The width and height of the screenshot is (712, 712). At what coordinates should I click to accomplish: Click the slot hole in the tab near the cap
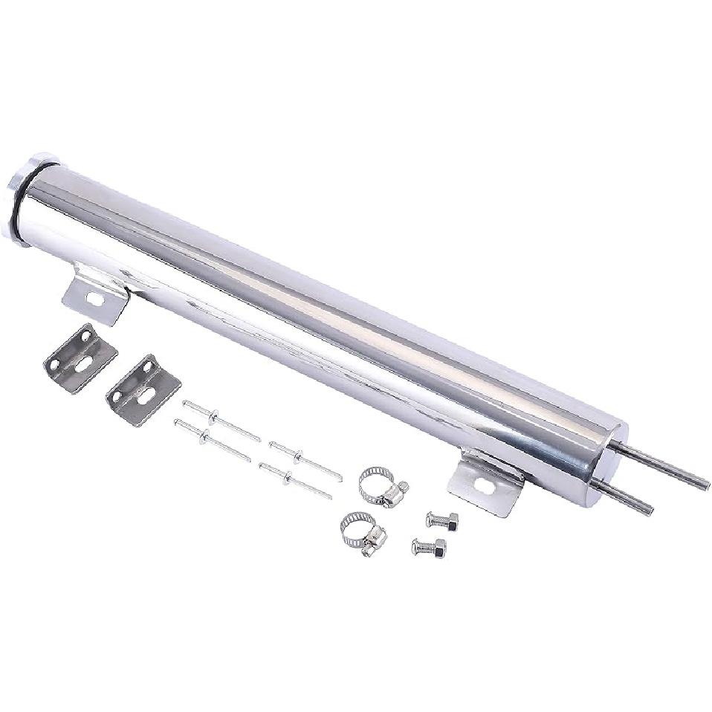95,299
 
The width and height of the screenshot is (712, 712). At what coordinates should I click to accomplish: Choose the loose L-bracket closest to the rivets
143,389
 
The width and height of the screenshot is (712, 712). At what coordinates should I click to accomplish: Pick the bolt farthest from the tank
429,548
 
